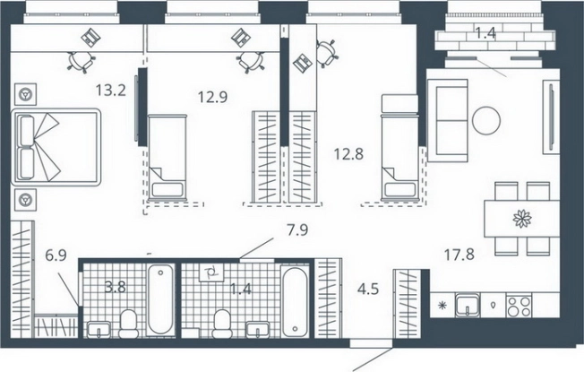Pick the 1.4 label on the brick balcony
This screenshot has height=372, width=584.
click(484, 34)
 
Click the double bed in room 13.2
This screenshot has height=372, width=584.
click(56, 147)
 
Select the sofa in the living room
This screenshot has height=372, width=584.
click(448, 119)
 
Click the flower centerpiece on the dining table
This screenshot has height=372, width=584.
click(520, 218)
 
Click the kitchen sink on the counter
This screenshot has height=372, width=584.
click(466, 307)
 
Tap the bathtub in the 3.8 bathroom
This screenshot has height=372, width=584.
click(161, 298)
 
